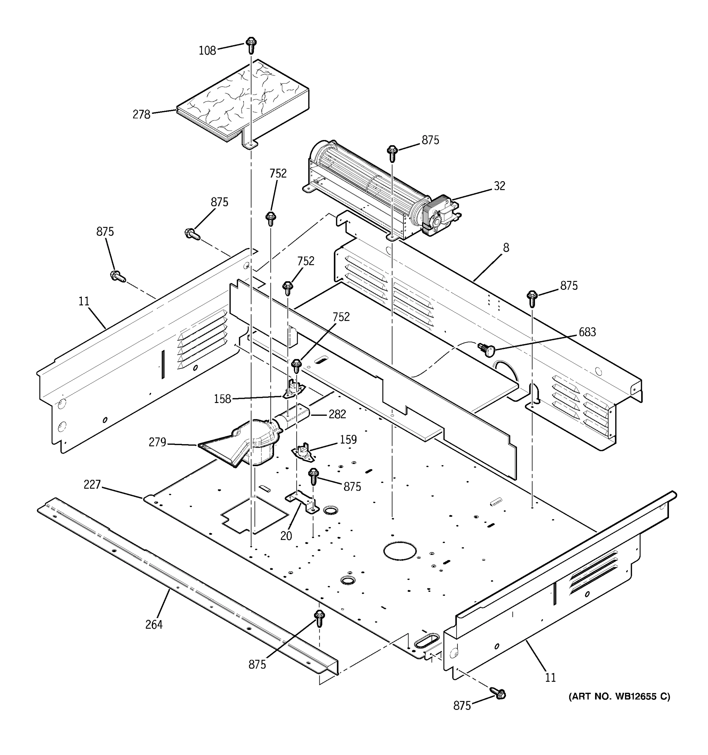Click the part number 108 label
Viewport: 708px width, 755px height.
tap(207, 51)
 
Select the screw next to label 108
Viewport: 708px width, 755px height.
tap(250, 45)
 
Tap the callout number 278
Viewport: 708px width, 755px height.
tap(141, 114)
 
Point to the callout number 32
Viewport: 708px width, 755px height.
tap(499, 186)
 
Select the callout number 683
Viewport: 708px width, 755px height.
tap(587, 332)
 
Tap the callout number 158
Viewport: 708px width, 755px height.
tap(222, 399)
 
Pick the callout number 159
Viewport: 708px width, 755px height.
tap(348, 439)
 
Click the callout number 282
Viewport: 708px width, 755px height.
tap(337, 414)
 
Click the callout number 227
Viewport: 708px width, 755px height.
tap(92, 484)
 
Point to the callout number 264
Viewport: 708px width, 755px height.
tap(154, 624)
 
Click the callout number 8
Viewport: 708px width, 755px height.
tap(506, 248)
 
